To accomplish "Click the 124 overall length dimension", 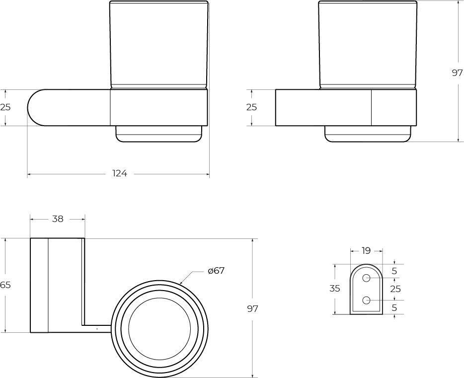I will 120,174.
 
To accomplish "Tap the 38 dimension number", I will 58,219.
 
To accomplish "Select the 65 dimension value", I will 5,285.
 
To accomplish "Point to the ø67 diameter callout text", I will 217,271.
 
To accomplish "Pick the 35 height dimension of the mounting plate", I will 335,289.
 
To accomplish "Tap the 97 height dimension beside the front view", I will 457,73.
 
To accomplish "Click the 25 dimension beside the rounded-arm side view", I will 5,107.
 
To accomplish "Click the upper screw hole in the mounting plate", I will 367,278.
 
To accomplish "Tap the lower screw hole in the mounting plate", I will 367,300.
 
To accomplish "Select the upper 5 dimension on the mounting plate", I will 394,271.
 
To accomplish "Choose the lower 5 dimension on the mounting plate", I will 394,308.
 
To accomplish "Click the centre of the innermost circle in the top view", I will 159,329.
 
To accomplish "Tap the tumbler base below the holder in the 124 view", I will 159,134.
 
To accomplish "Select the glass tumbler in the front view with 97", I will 368,45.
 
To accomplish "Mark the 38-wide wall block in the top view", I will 57,285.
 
